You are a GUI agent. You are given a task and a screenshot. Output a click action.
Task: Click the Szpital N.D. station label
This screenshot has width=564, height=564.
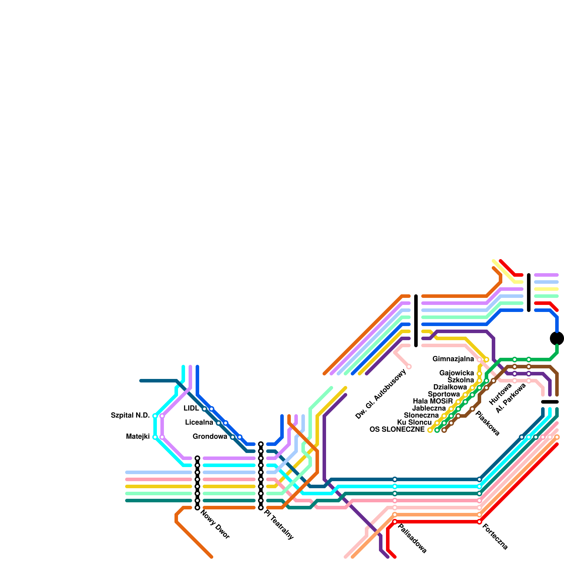(130, 416)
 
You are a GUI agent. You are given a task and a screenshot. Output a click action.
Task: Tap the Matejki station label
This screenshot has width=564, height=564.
(137, 437)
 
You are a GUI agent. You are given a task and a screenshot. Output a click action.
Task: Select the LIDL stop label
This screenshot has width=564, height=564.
(191, 409)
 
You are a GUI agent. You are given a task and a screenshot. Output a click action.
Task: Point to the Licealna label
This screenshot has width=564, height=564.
(199, 423)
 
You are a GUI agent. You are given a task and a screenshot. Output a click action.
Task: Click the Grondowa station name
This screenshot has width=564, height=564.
(210, 437)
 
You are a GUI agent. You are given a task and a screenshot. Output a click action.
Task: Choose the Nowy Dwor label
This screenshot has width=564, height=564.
(215, 525)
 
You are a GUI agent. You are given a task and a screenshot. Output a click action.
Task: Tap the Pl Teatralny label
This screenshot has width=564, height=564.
(278, 525)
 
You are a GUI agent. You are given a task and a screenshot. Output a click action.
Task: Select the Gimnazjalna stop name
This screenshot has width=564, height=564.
(453, 359)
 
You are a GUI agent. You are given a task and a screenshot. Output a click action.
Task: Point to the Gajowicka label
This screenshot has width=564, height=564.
(456, 373)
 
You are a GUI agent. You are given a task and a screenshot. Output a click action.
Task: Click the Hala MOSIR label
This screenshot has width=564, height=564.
(433, 401)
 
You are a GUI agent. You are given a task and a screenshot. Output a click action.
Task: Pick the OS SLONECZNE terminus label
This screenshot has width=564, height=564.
(397, 430)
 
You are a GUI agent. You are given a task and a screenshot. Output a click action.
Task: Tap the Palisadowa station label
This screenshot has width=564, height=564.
(412, 539)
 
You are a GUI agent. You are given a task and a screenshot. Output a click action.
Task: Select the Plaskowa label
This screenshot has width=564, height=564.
(488, 423)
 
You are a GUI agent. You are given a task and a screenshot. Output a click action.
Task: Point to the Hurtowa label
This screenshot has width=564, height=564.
(500, 394)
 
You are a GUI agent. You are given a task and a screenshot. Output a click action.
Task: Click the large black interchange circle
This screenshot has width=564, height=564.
(557, 338)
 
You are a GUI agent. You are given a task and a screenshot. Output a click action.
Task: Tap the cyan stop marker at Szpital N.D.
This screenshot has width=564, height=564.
(155, 416)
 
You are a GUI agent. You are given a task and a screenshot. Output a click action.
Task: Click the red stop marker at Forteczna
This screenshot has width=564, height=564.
(479, 522)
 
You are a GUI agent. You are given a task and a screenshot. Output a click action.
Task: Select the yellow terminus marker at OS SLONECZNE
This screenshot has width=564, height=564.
(430, 430)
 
